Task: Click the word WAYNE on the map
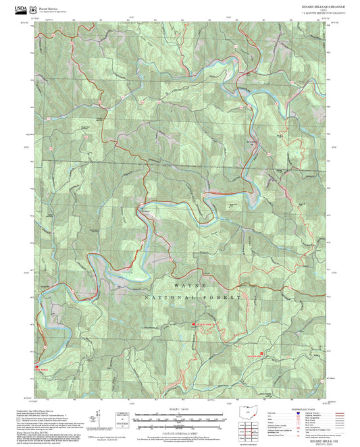[x=188, y=286]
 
